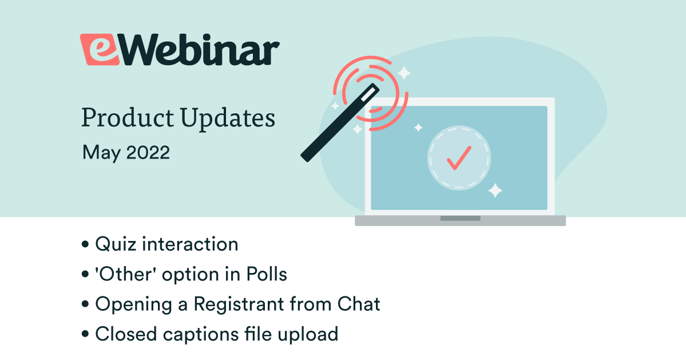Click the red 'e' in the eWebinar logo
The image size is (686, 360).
click(x=100, y=50)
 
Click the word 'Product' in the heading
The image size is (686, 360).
click(x=128, y=118)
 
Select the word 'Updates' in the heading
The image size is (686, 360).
click(x=228, y=118)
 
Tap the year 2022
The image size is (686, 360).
click(x=148, y=153)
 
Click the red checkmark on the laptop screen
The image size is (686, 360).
click(x=459, y=157)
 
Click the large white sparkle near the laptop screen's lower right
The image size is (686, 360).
click(x=495, y=191)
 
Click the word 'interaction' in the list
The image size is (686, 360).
click(x=191, y=244)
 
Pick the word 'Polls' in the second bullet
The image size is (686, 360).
click(x=267, y=274)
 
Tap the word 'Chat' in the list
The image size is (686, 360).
click(x=359, y=304)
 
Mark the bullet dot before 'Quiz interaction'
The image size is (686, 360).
click(x=85, y=244)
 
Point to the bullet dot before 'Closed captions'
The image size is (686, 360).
click(x=85, y=335)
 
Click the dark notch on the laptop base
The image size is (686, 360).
click(x=460, y=218)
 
